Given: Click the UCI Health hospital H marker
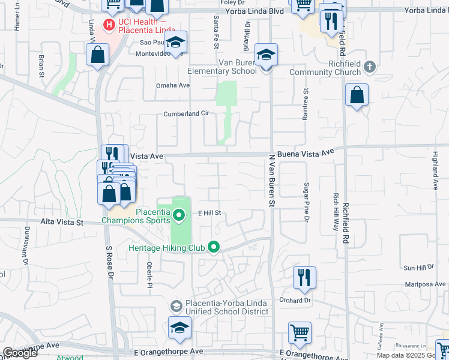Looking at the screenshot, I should (109, 25).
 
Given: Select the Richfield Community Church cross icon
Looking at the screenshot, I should (370, 67).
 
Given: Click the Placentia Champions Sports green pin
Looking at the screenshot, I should (178, 214).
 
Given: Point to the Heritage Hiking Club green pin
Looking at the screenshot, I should (213, 247).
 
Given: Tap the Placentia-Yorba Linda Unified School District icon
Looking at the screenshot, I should (176, 307).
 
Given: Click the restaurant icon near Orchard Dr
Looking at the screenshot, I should (304, 278).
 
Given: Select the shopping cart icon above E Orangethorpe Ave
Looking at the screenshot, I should (300, 332).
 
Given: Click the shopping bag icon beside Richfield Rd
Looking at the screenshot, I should (357, 95).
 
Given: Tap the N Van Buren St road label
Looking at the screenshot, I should (271, 181).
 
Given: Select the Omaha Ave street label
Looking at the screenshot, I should (173, 85).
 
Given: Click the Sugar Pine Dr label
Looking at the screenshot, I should (306, 201).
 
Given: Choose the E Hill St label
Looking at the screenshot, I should (210, 213).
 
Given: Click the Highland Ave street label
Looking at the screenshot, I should (436, 170).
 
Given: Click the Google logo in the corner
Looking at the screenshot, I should (20, 353).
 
